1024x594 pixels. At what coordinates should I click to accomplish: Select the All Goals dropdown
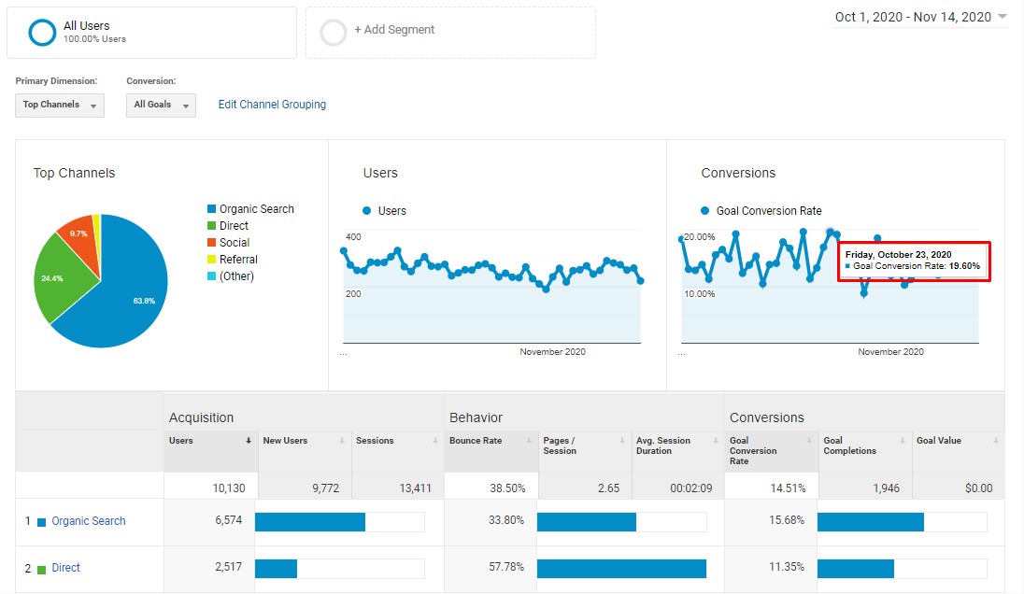(x=161, y=105)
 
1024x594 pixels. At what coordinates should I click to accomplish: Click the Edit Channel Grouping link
(x=272, y=105)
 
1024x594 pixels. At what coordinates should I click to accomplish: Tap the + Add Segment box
(x=450, y=31)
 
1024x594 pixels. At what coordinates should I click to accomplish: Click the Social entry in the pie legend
(x=234, y=243)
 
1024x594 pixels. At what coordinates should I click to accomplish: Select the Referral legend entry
(x=237, y=260)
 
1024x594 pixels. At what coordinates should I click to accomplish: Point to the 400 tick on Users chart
(x=353, y=237)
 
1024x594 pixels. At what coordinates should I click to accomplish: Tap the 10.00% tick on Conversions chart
(x=699, y=294)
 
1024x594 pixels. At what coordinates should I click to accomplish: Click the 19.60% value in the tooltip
(x=964, y=266)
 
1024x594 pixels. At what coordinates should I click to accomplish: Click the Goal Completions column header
(x=849, y=445)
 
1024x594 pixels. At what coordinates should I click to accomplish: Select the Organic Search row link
(x=88, y=521)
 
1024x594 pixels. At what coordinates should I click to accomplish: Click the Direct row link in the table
(x=65, y=568)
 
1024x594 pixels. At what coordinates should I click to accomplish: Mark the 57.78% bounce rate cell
(x=505, y=568)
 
